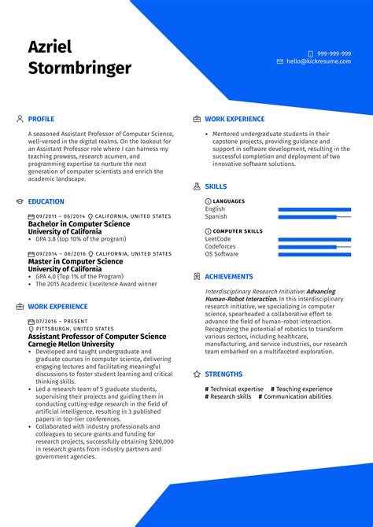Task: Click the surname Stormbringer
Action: click(79, 68)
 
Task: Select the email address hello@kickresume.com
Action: click(319, 61)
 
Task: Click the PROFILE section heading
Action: click(41, 119)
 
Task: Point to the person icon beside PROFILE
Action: click(20, 119)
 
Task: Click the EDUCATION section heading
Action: click(46, 201)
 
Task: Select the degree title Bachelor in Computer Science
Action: click(79, 224)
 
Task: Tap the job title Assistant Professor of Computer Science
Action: click(97, 336)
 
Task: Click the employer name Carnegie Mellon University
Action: click(71, 345)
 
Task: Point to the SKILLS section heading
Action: click(216, 187)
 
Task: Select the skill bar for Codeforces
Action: click(315, 246)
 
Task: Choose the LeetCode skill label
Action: click(218, 239)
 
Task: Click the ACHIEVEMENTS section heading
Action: click(229, 277)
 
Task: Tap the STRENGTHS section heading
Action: click(223, 374)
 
